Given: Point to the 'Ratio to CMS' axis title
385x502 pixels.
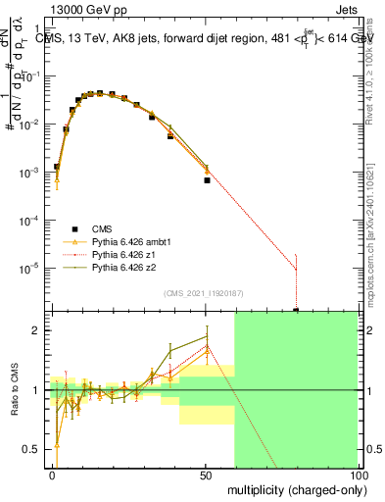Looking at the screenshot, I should [x=16, y=390].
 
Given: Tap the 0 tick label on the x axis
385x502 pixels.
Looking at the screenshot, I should [x=53, y=475].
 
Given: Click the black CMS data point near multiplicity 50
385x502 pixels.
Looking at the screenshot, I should [x=207, y=180].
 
